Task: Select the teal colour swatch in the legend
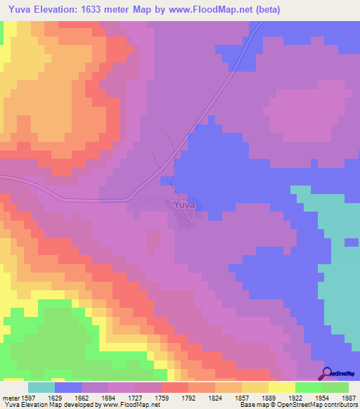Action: coord(41,387)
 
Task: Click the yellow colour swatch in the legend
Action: coord(281,387)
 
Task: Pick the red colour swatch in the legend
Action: coord(174,387)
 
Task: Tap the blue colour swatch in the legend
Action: coord(67,387)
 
